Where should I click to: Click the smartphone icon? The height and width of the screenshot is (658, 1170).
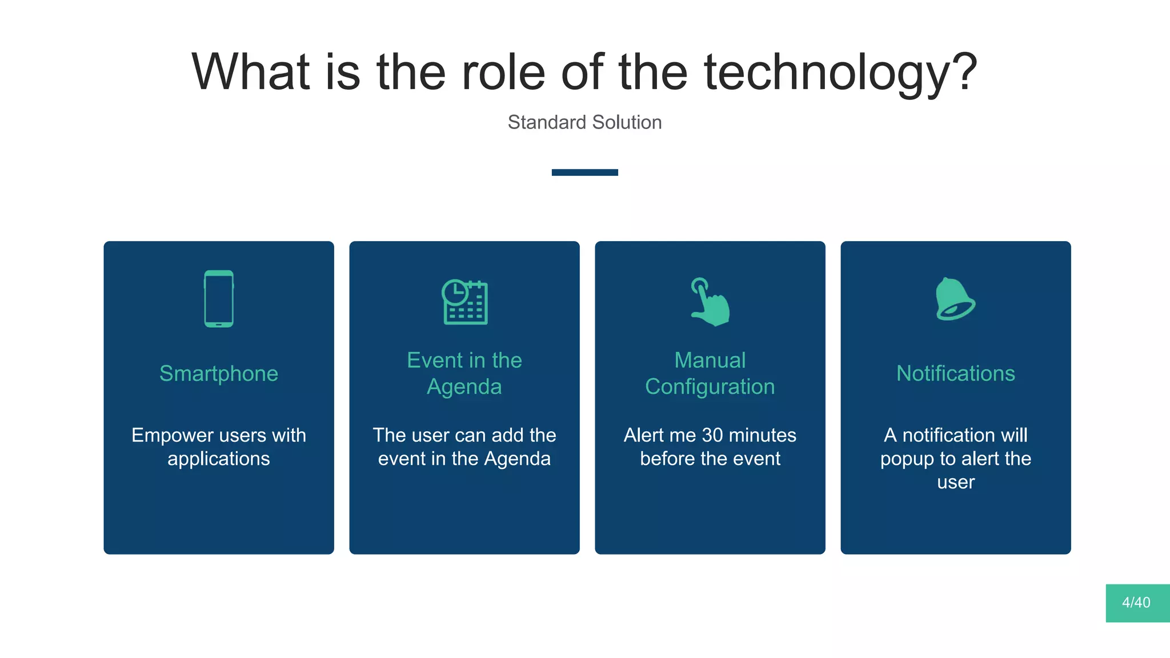219,299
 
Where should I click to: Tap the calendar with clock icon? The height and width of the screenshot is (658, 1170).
464,302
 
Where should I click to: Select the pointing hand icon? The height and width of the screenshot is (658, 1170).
710,302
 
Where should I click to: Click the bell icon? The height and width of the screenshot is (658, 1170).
955,299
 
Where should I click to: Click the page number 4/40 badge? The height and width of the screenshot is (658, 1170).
1137,603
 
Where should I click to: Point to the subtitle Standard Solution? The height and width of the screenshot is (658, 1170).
584,122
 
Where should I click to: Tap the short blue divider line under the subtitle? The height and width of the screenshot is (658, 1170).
584,172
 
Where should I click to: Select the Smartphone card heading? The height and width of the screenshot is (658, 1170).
219,374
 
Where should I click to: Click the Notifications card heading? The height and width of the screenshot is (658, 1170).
955,374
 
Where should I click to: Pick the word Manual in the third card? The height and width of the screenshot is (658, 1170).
710,360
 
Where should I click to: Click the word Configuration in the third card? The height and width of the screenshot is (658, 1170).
710,387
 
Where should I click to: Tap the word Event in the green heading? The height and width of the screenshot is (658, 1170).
435,360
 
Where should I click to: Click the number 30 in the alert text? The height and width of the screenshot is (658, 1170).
712,435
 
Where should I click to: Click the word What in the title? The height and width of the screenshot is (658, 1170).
250,73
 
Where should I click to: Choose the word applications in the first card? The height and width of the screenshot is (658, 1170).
219,459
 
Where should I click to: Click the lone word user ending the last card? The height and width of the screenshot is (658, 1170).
955,483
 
